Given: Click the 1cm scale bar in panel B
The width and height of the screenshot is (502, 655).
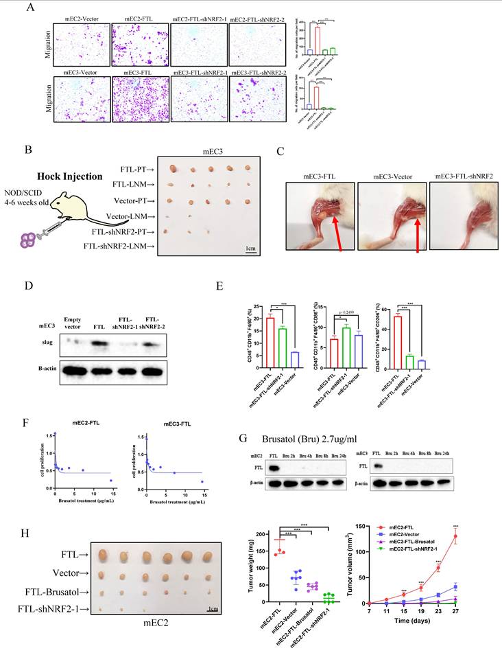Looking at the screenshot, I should pos(251,249).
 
